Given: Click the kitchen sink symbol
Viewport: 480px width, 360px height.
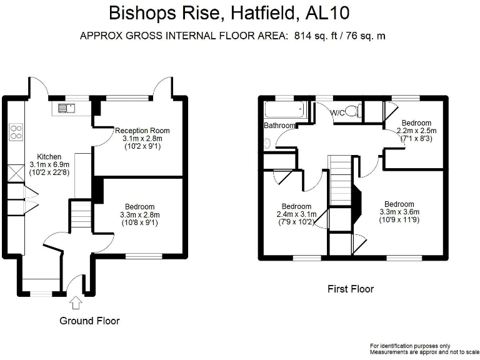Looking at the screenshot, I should (66, 108).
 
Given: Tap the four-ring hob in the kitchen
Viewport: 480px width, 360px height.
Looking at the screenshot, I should (16, 132).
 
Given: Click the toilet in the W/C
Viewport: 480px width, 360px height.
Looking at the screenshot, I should (353, 112).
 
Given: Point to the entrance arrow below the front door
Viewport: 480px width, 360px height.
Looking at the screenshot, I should (76, 303).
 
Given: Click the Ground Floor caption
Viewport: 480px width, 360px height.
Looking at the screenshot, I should (89, 321).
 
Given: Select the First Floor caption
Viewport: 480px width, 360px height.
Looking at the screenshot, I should (351, 289).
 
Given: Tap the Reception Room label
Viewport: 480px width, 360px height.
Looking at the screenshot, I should (142, 131).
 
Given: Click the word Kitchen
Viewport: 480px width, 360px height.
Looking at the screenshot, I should (49, 157).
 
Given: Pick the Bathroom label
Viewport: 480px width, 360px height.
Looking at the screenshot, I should (279, 126).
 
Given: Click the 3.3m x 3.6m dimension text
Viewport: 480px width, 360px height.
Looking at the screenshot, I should (399, 212).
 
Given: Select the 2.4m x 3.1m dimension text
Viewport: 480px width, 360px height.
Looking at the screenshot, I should (296, 214).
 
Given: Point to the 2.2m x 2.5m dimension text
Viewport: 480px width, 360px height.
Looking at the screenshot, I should (416, 131).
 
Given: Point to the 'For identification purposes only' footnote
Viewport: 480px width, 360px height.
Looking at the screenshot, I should (409, 346).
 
